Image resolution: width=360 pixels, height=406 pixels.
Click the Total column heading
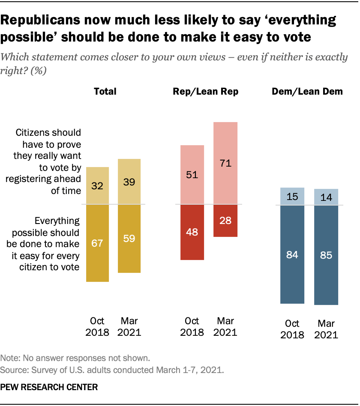[105, 92]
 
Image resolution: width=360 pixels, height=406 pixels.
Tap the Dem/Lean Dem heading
[308, 92]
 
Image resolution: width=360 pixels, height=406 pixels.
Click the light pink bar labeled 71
[225, 163]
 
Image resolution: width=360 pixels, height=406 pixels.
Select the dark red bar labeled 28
[225, 221]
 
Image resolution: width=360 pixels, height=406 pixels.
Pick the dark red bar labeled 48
[192, 232]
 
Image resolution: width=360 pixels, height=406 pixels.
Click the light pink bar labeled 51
[192, 175]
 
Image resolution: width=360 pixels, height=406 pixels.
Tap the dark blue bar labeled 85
[326, 255]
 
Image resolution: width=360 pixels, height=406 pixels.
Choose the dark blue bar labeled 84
[292, 254]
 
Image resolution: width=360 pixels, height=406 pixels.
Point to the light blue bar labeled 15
[292, 197]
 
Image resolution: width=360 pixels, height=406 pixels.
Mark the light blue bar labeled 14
[326, 197]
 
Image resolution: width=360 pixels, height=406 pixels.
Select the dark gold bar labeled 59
[129, 239]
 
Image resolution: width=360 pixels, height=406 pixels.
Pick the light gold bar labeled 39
[129, 182]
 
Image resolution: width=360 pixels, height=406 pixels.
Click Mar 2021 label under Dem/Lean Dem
[326, 329]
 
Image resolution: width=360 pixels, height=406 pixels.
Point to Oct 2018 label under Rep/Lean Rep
[192, 326]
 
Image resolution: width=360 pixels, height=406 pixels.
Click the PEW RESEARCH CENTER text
[49, 387]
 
